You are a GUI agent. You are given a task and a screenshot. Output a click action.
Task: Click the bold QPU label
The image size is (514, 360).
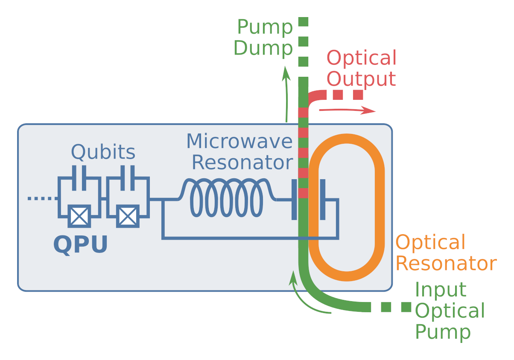(x=80, y=245)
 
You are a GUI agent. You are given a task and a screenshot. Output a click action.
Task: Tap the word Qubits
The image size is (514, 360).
(x=103, y=152)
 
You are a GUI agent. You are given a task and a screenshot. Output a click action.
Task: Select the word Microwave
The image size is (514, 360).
(x=239, y=141)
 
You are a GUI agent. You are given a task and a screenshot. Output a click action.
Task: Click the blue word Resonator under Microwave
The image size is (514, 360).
(x=242, y=163)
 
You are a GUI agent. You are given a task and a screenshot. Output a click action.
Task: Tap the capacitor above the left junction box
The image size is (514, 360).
(x=79, y=177)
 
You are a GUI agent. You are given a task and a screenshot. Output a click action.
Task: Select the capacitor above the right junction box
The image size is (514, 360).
(x=128, y=177)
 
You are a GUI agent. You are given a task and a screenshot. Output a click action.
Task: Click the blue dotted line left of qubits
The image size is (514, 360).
(x=41, y=198)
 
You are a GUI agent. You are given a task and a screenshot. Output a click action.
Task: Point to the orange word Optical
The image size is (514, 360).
(x=430, y=243)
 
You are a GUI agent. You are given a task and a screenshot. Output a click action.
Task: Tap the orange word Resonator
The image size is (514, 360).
(x=446, y=264)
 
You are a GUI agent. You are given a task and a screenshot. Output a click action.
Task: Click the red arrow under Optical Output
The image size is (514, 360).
(x=347, y=111)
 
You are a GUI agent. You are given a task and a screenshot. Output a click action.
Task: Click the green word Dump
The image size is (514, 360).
(x=263, y=48)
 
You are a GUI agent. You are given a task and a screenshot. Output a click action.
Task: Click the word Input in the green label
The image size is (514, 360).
(x=440, y=290)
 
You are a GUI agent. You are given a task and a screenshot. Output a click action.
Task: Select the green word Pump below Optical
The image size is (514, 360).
(x=443, y=332)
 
